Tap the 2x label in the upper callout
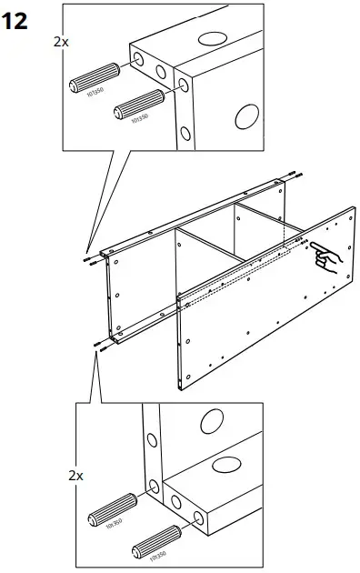point(60,42)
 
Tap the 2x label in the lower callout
point(76,475)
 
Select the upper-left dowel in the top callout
point(95,82)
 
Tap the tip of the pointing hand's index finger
point(309,246)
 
